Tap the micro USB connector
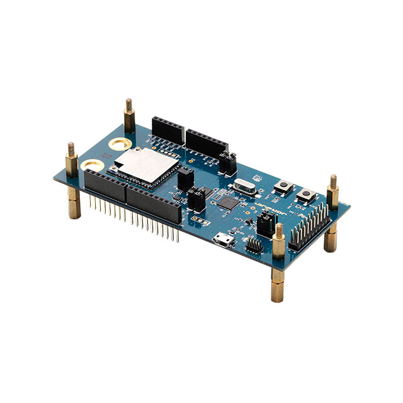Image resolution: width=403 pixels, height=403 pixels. coord(222,240)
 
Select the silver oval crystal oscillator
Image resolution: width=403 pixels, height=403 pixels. coord(242,186)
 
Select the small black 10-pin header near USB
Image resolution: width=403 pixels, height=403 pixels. coord(254,246)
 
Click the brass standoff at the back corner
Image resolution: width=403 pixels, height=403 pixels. coord(129,118)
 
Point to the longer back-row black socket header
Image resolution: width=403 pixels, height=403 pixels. coord(207,149)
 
